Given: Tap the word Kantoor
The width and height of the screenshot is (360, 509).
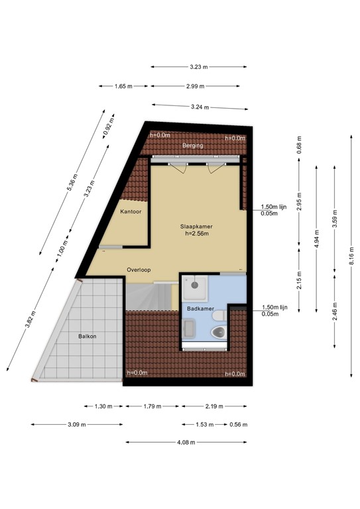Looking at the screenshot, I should coord(131,211).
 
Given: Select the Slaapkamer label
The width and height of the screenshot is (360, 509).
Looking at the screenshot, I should coord(196,226).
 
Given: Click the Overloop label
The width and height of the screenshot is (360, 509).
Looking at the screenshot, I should coord(139,270).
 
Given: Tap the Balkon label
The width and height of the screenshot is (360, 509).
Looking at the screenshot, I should coord(86,337).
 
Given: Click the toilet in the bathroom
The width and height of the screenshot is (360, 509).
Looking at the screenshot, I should coord(217,331).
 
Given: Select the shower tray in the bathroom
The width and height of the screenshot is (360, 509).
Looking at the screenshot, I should coord(197,286).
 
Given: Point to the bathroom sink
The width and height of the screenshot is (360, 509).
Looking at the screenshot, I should coord(188,328).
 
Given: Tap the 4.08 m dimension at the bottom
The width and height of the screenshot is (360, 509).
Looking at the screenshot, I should coord(187,443).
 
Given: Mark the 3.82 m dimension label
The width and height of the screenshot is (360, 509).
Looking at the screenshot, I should coord(29,317).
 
